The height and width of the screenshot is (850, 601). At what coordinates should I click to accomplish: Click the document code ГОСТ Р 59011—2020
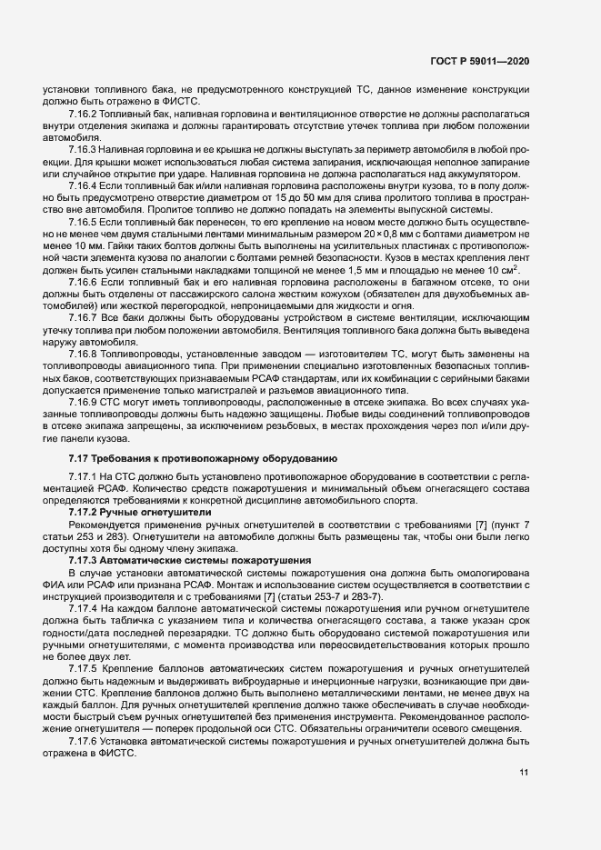click(479, 61)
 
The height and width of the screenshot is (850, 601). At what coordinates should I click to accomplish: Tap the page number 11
click(523, 773)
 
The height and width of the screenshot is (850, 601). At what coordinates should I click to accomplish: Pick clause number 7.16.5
click(83, 223)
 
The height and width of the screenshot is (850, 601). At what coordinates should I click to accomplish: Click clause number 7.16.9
click(83, 400)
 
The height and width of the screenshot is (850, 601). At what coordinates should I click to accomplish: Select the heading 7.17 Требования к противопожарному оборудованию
click(204, 458)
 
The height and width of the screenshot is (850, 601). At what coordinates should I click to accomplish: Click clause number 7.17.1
click(83, 476)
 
